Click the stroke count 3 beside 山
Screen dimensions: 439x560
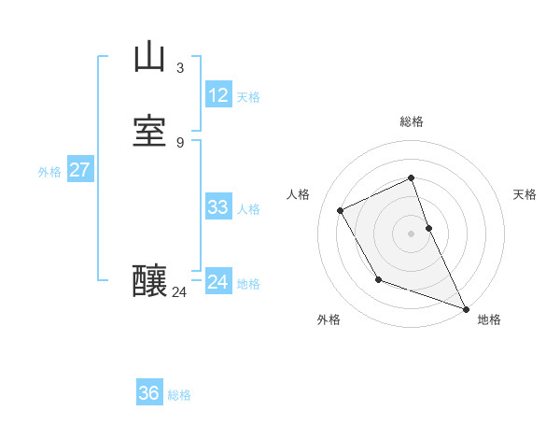pyautogui.click(x=179, y=67)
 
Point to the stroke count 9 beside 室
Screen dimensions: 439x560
pyautogui.click(x=179, y=142)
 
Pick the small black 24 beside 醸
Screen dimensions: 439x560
pyautogui.click(x=179, y=292)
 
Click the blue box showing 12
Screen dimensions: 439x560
pyautogui.click(x=218, y=95)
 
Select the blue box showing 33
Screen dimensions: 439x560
pyautogui.click(x=218, y=207)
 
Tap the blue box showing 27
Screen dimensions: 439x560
pyautogui.click(x=79, y=170)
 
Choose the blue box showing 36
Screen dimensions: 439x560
pyautogui.click(x=149, y=393)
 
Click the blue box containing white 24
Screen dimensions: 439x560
pyautogui.click(x=218, y=282)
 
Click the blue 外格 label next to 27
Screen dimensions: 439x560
pyautogui.click(x=49, y=172)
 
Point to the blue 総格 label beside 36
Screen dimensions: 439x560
pyautogui.click(x=179, y=395)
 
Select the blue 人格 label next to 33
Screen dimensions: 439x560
pyautogui.click(x=249, y=209)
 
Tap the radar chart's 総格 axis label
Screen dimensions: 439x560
pyautogui.click(x=412, y=121)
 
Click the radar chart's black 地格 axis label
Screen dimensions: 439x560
pyautogui.click(x=489, y=319)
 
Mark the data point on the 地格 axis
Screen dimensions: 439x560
pyautogui.click(x=466, y=308)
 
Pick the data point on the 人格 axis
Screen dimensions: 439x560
pyautogui.click(x=341, y=210)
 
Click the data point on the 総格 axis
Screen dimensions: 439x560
pyautogui.click(x=412, y=177)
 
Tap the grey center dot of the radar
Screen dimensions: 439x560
pyautogui.click(x=412, y=234)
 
